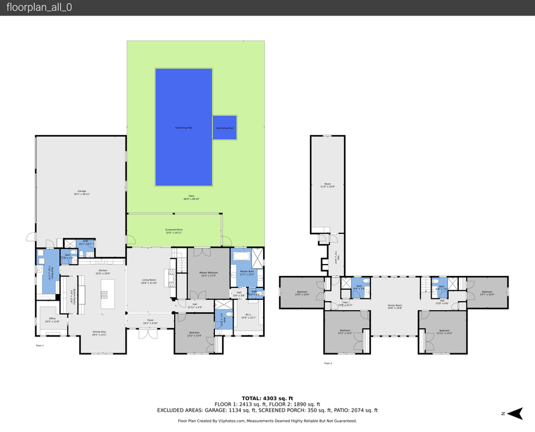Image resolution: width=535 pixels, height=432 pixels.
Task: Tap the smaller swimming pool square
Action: [225, 127]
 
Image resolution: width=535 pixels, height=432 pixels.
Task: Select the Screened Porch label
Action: [174, 231]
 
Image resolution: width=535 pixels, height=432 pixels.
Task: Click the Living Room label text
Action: [149, 280]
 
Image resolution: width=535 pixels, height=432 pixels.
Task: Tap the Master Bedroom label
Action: [208, 274]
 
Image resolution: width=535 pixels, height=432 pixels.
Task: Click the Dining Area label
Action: [99, 333]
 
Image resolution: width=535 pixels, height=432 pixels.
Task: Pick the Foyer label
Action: [150, 322]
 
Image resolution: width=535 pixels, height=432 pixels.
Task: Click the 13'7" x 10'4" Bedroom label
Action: [487, 293]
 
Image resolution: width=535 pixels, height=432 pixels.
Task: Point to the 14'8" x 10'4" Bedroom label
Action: [302, 293]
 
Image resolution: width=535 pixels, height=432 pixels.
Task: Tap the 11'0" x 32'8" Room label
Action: [328, 185]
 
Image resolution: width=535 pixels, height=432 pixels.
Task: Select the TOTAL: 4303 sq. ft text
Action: [267, 398]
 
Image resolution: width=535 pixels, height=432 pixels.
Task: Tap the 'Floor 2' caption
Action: [328, 364]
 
